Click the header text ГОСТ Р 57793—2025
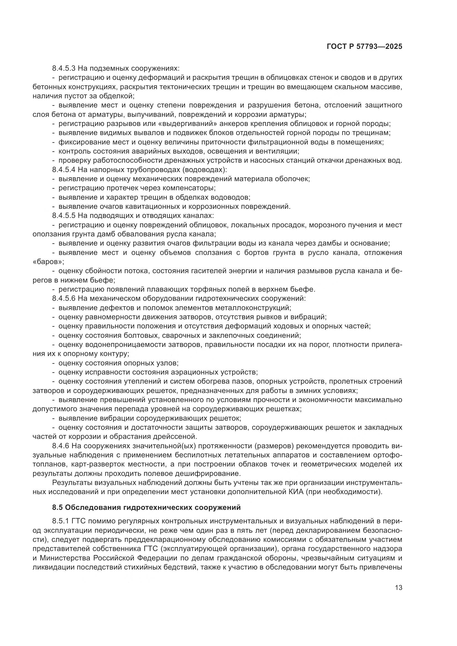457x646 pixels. point(364,47)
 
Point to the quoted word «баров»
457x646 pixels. point(48,262)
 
